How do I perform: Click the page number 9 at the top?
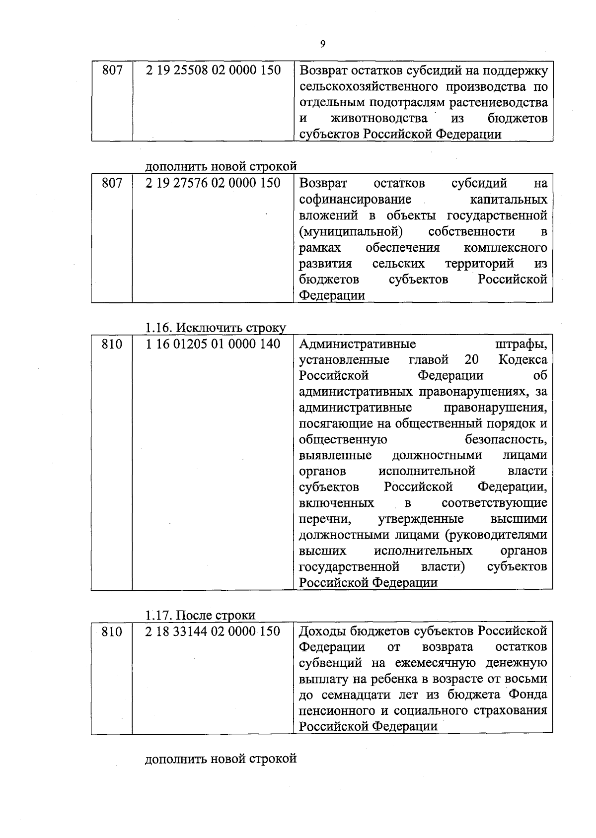(x=323, y=44)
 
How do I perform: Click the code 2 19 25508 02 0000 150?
(x=213, y=70)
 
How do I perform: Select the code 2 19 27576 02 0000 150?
(x=213, y=183)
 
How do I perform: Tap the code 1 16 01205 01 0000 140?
(x=213, y=344)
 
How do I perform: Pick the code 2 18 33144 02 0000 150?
(x=213, y=631)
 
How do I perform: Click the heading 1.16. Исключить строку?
(x=216, y=328)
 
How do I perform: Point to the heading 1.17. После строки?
(x=200, y=615)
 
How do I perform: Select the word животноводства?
(x=379, y=119)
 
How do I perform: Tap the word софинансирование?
(x=355, y=200)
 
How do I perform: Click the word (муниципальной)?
(x=351, y=232)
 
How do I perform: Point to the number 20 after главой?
(x=472, y=359)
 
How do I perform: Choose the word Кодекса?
(x=523, y=359)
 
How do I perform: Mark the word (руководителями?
(x=496, y=535)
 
